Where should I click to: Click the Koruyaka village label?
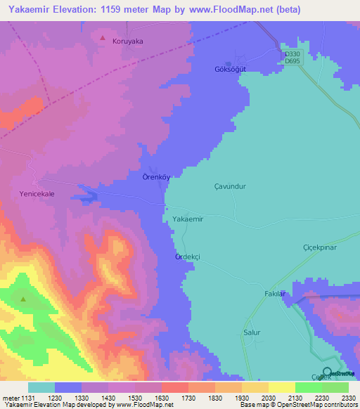pos(128,41)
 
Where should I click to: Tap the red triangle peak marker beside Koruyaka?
pos(103,38)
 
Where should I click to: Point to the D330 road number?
pos(292,54)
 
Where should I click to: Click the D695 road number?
pos(292,62)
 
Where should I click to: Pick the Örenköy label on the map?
pos(156,177)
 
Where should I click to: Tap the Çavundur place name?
pos(229,187)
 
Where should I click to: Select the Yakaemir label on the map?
pos(188,219)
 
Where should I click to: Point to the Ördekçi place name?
pos(188,257)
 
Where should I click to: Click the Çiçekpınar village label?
pos(321,247)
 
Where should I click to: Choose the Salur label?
pos(252,332)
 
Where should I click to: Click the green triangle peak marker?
pos(23,299)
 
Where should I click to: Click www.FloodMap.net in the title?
pos(217,10)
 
